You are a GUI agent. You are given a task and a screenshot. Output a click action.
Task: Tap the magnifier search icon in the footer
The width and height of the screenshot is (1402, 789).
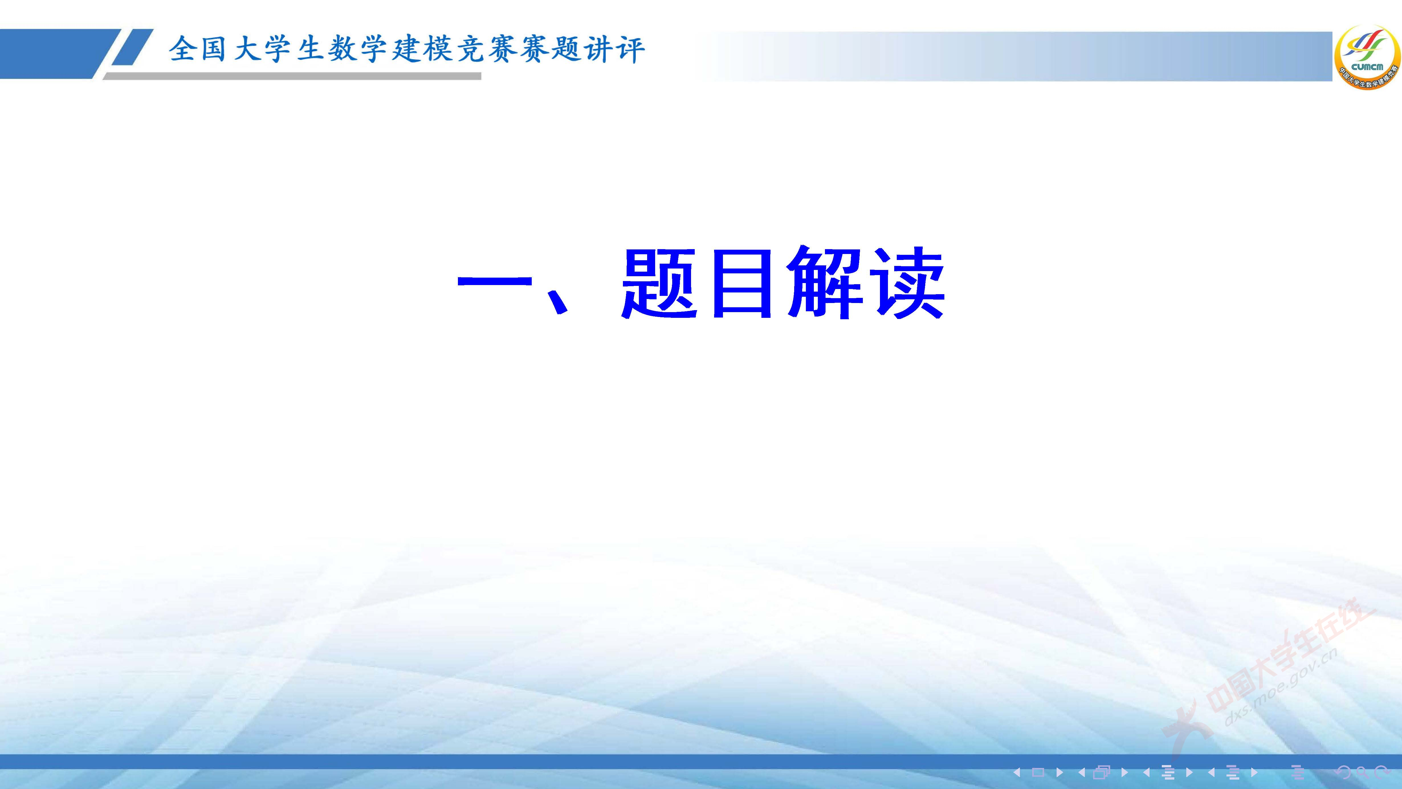(x=1362, y=772)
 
